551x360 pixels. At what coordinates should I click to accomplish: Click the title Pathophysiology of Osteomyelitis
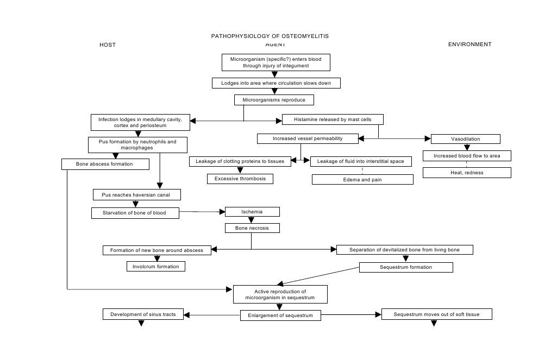[270, 36]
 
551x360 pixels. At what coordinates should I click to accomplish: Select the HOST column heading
[108, 45]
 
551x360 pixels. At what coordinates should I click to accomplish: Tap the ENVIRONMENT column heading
[469, 44]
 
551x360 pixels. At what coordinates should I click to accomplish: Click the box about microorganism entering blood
[276, 62]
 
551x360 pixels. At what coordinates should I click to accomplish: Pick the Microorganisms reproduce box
[274, 100]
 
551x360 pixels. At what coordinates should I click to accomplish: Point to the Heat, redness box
[467, 173]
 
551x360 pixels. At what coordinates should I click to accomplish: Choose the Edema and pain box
[362, 179]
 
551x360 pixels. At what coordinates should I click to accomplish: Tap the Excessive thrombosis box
[240, 179]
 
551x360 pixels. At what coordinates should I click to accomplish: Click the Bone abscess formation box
[105, 164]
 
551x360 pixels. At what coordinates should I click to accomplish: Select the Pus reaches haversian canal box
[136, 194]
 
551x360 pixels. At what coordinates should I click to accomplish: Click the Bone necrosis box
[252, 228]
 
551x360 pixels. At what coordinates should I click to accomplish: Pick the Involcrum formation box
[156, 266]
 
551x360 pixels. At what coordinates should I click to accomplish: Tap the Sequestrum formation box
[405, 267]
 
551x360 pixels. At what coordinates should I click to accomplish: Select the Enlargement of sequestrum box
[280, 315]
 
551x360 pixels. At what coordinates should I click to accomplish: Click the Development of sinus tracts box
[143, 314]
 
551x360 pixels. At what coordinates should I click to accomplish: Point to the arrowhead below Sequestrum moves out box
[434, 324]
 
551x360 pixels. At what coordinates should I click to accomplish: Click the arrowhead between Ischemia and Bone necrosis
[251, 220]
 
